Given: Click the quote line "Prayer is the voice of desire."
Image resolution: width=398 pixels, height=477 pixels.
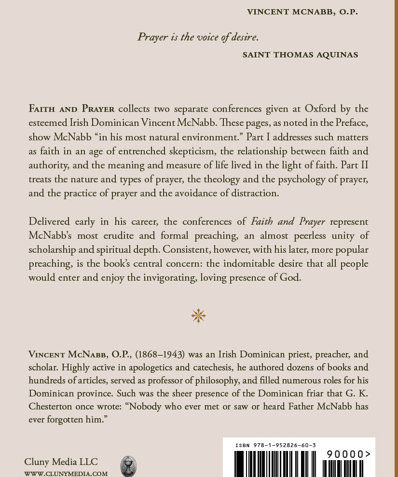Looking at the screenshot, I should [198, 37].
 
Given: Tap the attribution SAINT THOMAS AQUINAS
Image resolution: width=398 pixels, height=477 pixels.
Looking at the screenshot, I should [300, 55].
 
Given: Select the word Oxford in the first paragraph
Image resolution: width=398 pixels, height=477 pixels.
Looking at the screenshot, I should [290, 109].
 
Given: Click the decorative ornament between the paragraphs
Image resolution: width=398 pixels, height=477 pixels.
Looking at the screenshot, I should [198, 316].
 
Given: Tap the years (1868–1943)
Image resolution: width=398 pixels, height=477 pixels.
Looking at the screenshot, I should [160, 354].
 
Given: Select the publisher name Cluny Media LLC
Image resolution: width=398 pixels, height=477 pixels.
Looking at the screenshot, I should [61, 462].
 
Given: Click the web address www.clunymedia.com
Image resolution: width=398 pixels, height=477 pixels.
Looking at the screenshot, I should [66, 474].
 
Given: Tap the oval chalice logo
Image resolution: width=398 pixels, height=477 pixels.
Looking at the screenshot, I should [128, 466].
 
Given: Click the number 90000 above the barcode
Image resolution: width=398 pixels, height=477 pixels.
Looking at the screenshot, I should [345, 454].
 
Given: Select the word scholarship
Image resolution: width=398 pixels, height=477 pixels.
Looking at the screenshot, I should [55, 249].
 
